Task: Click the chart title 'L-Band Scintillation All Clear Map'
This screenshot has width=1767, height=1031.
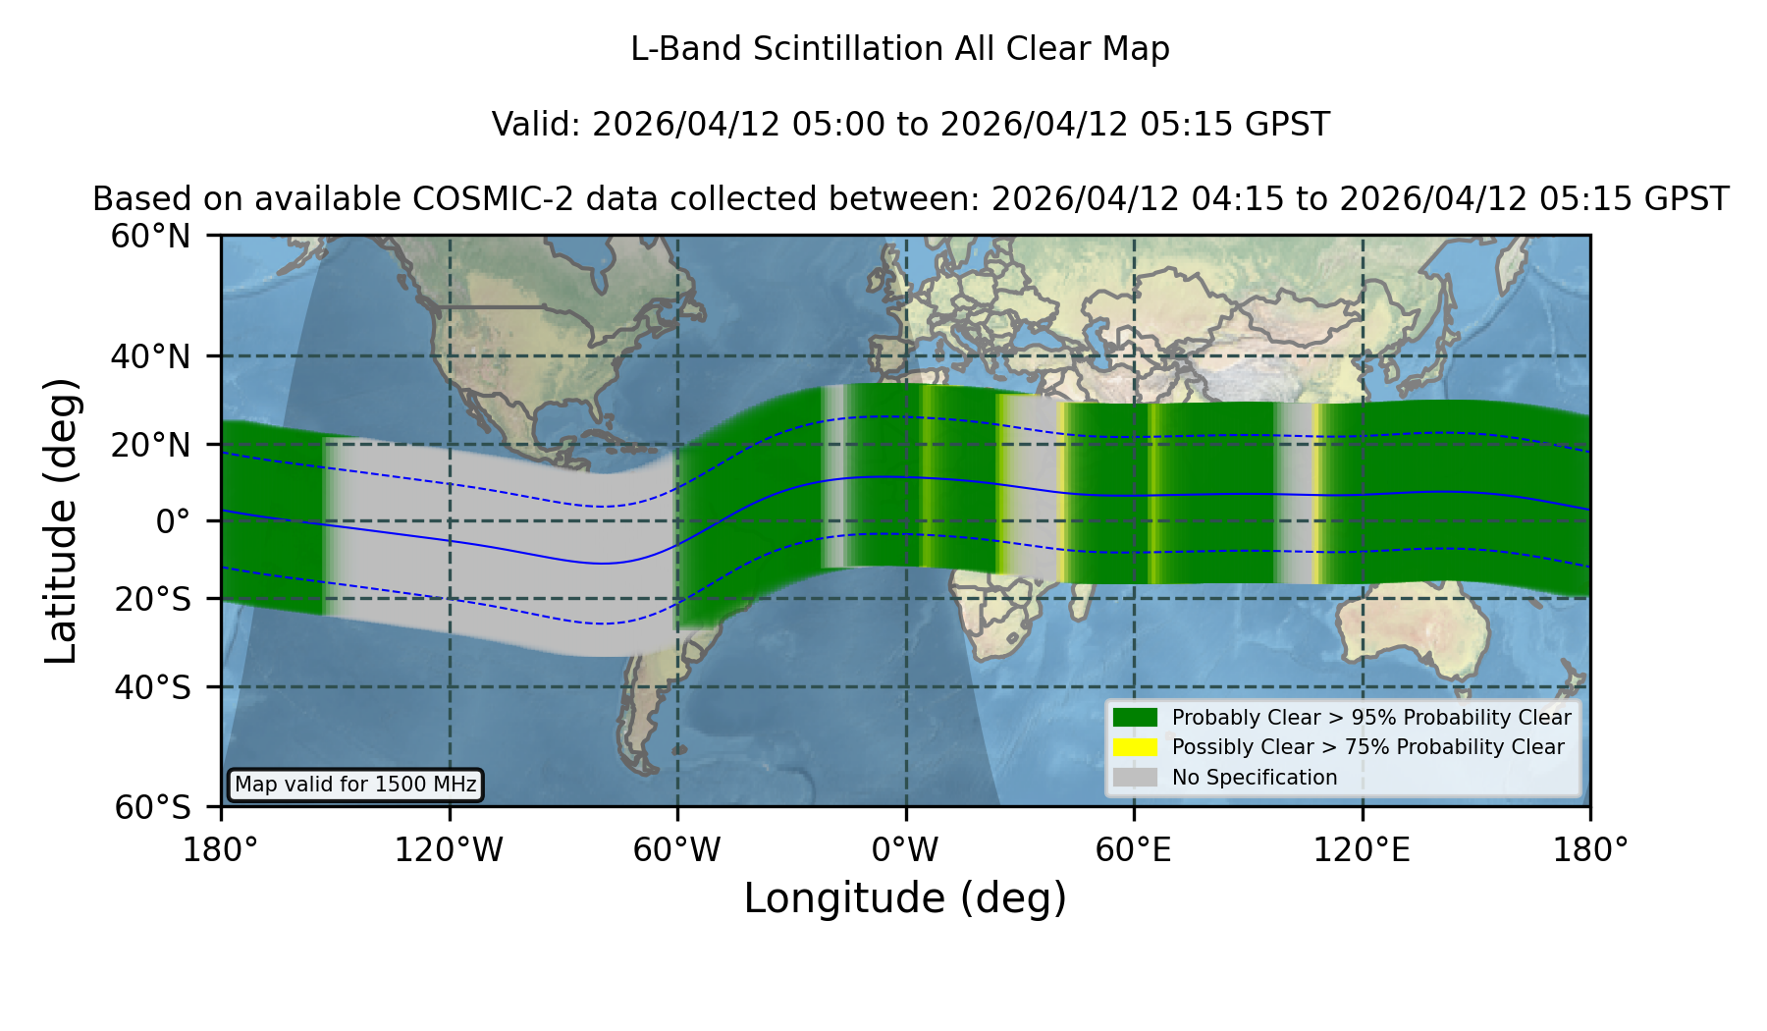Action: [x=900, y=48]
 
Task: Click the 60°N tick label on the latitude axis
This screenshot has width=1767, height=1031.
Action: [x=150, y=236]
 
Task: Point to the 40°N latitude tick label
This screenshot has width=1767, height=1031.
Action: [x=150, y=356]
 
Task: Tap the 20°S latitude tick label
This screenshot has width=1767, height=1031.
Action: [x=152, y=599]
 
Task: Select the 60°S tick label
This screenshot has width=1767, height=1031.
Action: [x=152, y=807]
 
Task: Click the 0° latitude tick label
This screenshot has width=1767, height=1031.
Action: [x=173, y=521]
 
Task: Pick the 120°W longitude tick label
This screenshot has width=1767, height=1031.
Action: [x=449, y=849]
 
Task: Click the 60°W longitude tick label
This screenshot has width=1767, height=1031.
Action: [x=677, y=849]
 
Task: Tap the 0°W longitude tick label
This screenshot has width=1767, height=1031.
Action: [x=905, y=849]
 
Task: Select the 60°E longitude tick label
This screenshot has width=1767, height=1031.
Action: [x=1134, y=849]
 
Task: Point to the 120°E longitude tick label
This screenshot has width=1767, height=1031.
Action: [x=1363, y=849]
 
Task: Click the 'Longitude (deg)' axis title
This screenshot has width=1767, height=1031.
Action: [x=905, y=898]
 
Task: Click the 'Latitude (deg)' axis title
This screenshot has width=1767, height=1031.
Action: [x=61, y=520]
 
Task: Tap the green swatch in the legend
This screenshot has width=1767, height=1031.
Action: [x=1135, y=717]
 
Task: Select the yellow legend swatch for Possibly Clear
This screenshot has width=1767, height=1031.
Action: [x=1135, y=747]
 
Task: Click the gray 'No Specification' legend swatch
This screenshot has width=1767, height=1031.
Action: [x=1135, y=778]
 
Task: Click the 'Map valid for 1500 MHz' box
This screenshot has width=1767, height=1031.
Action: [x=355, y=785]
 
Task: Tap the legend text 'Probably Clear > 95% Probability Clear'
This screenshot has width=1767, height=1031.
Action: [x=1371, y=718]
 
